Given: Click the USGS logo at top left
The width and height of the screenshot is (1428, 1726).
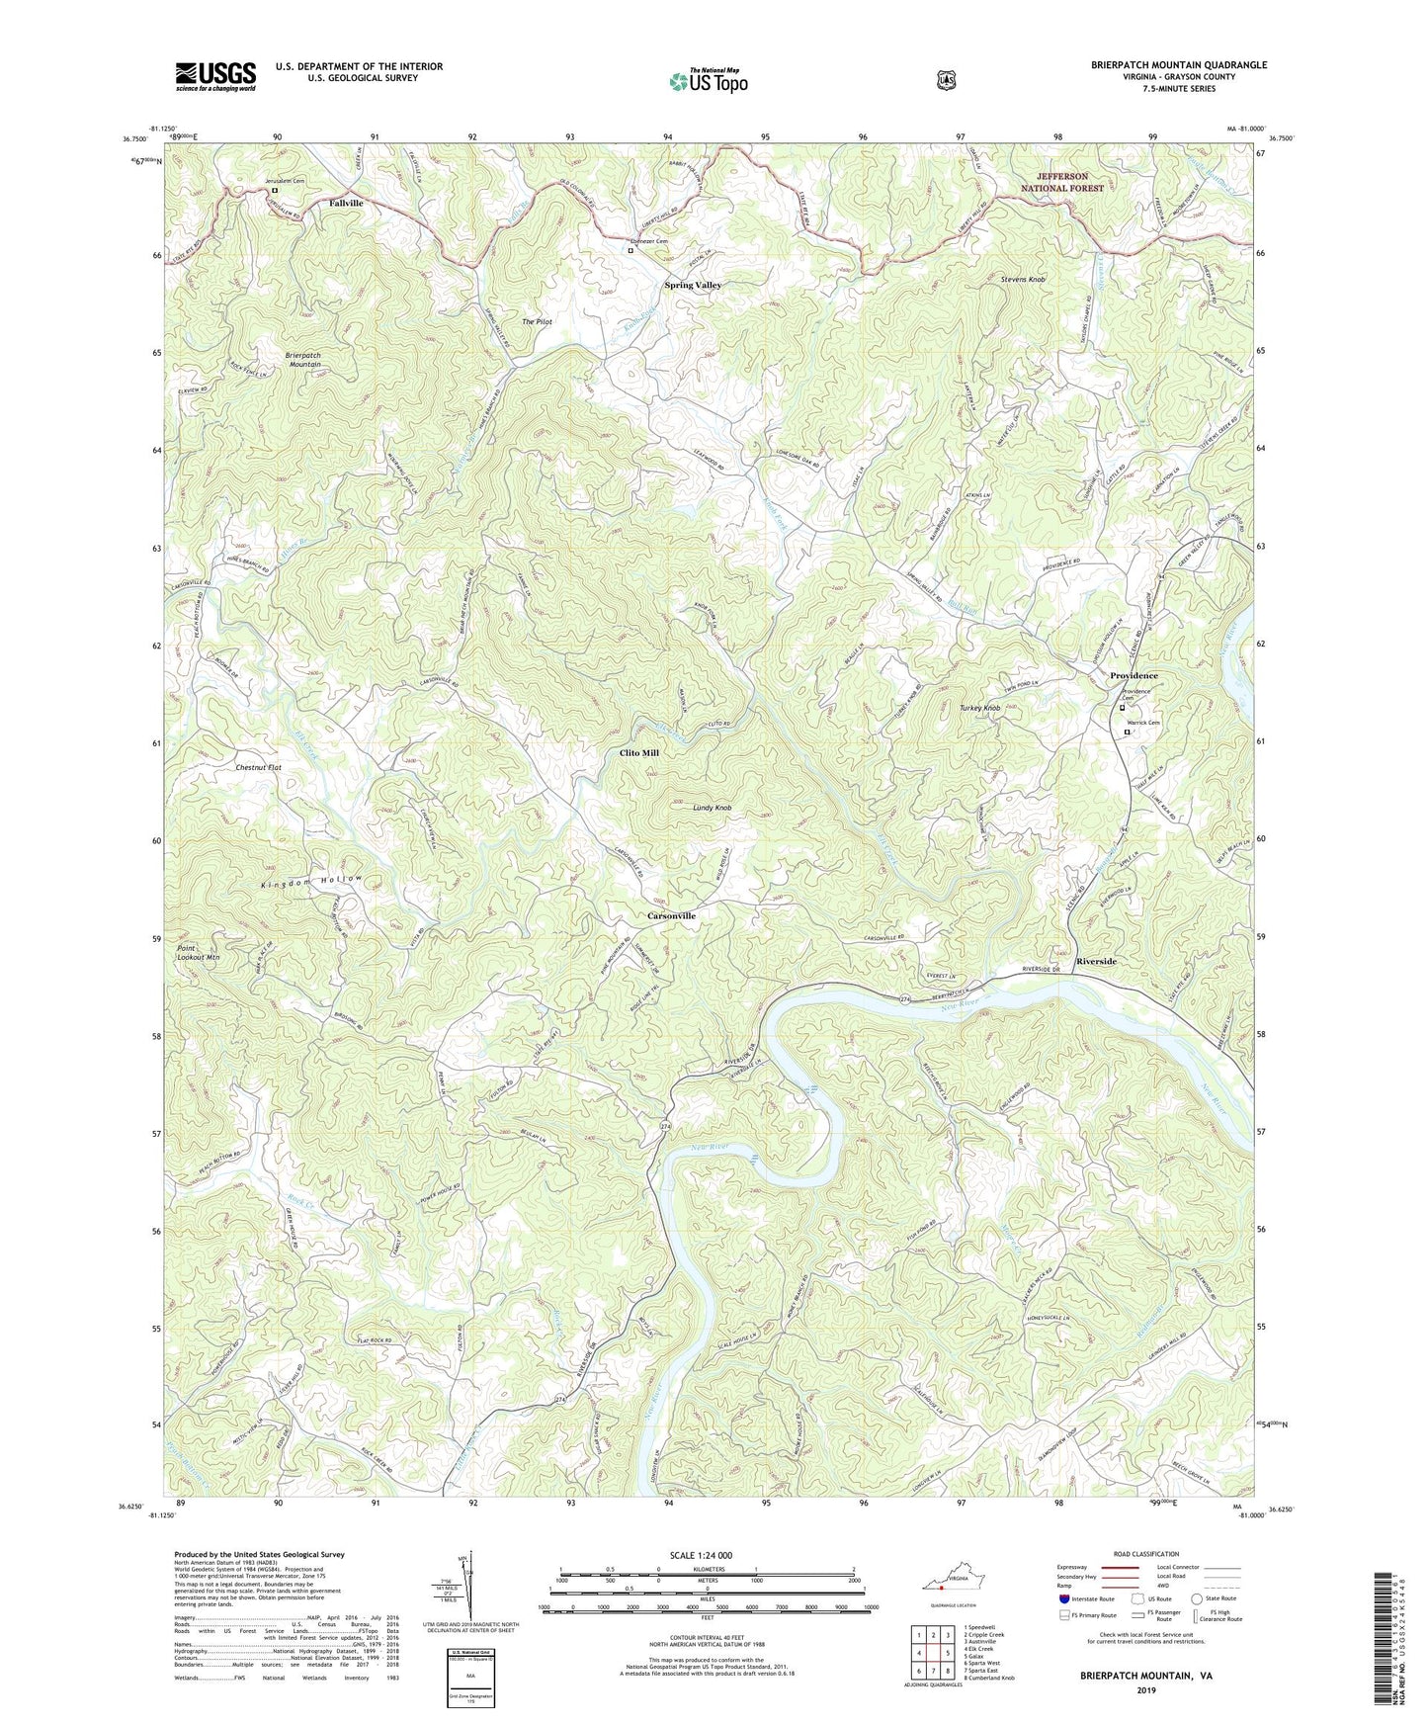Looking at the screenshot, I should [x=215, y=76].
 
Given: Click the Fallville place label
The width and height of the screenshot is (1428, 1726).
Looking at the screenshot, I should [x=346, y=203].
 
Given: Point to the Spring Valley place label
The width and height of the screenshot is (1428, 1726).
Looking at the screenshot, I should [x=692, y=285].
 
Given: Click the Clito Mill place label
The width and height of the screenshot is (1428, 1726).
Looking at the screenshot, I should [x=638, y=752].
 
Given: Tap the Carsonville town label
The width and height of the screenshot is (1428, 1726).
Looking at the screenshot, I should [x=671, y=915].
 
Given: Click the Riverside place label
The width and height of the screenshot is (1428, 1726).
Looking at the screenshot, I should [x=1096, y=961].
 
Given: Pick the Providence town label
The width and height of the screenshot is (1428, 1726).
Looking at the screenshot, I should [x=1134, y=676].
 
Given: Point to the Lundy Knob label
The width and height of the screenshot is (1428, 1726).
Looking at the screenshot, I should [x=712, y=808].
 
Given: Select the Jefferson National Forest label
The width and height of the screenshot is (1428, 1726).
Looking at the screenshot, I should [x=1062, y=182].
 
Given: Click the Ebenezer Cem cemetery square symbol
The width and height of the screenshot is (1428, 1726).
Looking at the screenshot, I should [x=630, y=250].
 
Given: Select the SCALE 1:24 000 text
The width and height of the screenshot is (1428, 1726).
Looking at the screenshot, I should [x=701, y=1555].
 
